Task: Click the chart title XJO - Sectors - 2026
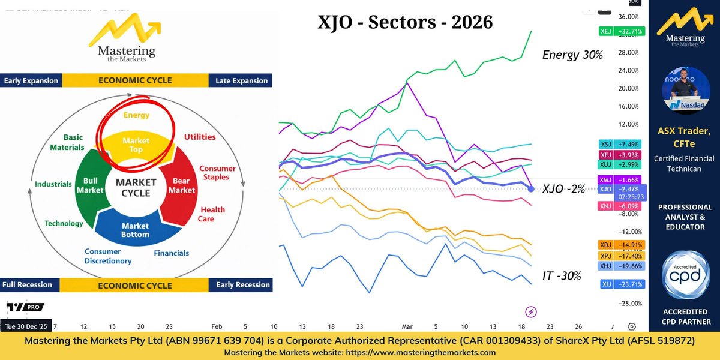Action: tap(404, 22)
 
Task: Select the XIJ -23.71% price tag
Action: tap(620, 284)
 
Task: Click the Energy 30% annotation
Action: tap(572, 55)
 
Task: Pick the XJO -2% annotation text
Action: tap(563, 189)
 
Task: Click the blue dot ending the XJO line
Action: tap(531, 189)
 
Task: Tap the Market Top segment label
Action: tap(136, 145)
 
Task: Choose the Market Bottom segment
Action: tap(135, 230)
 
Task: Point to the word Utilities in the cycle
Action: tap(200, 137)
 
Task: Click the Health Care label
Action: tap(212, 214)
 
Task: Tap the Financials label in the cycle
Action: tap(171, 253)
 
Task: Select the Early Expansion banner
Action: tap(31, 80)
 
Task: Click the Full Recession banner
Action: tap(28, 284)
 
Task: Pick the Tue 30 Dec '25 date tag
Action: tap(27, 327)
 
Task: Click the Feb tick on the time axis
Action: tap(217, 327)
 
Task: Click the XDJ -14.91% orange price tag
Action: tap(620, 244)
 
